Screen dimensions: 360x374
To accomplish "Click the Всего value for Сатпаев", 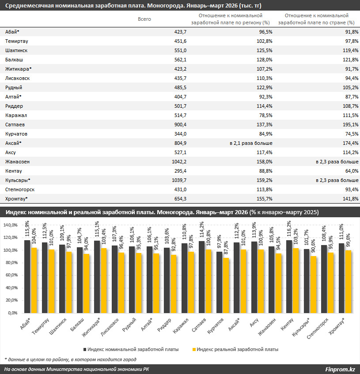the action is (x=180, y=125).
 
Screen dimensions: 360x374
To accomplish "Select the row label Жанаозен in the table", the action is (x=17, y=162).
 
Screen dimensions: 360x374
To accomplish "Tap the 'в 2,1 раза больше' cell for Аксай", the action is (x=251, y=143).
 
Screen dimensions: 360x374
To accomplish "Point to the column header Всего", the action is (x=144, y=19).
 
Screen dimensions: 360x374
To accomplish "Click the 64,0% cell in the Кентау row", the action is (x=352, y=171).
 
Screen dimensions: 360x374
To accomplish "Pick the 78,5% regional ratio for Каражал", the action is (x=266, y=115).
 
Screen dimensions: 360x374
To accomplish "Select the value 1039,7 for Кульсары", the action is (x=179, y=180).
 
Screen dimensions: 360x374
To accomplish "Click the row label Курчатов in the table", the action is (x=16, y=134).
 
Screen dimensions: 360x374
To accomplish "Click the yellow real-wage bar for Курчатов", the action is (x=226, y=286).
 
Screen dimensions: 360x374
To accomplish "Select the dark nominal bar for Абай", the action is (x=27, y=277).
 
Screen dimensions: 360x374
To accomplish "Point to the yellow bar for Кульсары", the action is (x=313, y=284).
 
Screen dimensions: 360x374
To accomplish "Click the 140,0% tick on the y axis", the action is (x=11, y=225).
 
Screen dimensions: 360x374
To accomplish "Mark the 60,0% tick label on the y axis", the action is (x=11, y=275).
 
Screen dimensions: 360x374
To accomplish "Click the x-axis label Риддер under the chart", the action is (x=164, y=325).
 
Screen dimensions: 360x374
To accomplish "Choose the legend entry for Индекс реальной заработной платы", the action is (x=235, y=349).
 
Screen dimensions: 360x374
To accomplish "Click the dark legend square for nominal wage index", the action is (x=85, y=349).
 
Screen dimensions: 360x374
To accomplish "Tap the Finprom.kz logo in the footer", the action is (x=340, y=370).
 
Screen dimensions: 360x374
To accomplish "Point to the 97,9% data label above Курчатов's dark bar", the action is (x=219, y=242).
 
